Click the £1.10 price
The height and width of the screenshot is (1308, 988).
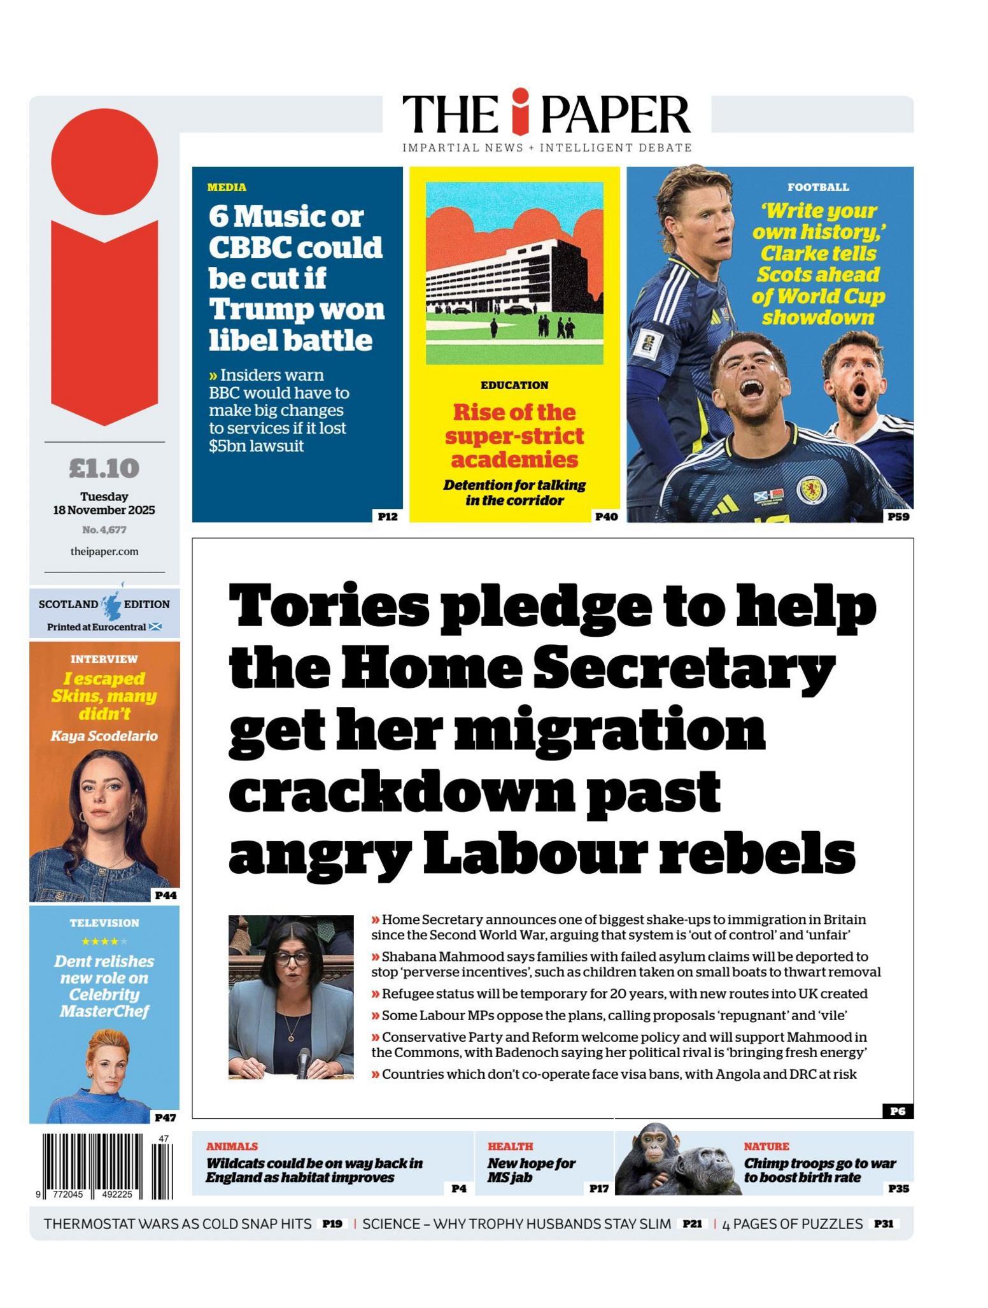(104, 469)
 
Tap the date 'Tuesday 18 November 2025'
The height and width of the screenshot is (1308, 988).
(104, 503)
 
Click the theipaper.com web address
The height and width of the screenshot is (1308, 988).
(104, 551)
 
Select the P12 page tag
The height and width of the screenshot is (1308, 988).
(387, 516)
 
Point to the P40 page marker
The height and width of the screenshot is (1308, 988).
(605, 516)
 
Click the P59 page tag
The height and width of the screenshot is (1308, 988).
(898, 516)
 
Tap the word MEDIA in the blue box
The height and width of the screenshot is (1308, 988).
(227, 187)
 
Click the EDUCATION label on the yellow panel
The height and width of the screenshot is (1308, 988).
(514, 385)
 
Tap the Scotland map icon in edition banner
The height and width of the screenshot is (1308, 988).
(111, 605)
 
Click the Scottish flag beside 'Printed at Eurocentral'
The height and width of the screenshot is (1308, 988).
(155, 627)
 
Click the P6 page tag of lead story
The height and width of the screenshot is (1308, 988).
(897, 1111)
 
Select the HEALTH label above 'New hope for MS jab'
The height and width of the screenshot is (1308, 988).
(510, 1146)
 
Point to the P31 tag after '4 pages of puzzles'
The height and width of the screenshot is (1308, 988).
(884, 1223)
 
